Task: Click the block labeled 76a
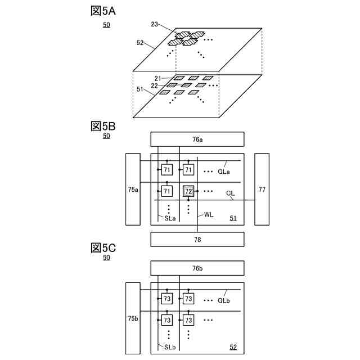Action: (x=197, y=139)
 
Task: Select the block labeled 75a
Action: (x=133, y=190)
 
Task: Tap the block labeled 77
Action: (x=262, y=190)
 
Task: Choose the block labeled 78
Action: (x=197, y=239)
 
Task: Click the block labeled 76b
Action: (x=197, y=268)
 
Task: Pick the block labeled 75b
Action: (x=133, y=318)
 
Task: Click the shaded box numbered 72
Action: (x=188, y=192)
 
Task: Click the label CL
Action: (x=231, y=193)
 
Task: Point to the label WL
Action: (x=209, y=214)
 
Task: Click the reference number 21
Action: (x=158, y=78)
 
